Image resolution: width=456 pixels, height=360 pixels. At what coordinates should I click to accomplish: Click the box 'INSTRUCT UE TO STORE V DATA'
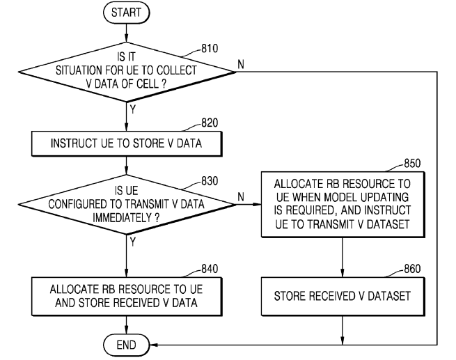tap(126, 145)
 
